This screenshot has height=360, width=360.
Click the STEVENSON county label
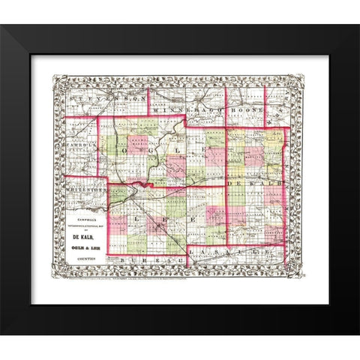[x=105, y=98]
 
